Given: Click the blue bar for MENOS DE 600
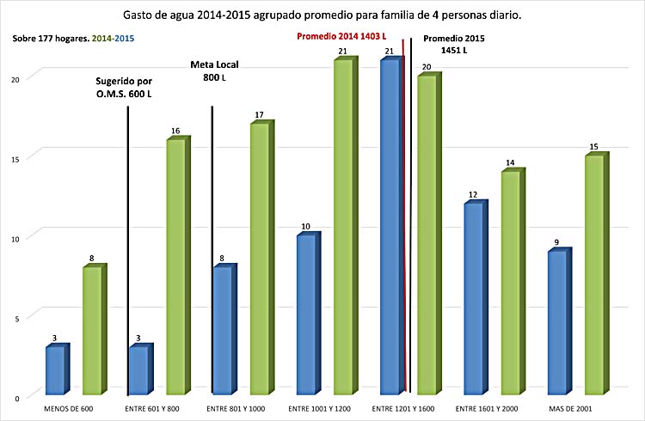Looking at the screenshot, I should tap(56, 370).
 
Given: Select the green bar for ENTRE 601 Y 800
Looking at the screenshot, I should tap(176, 266).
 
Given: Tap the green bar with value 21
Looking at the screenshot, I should tap(343, 228).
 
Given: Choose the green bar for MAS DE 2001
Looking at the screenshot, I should tap(593, 275).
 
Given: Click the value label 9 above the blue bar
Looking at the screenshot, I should tap(556, 243).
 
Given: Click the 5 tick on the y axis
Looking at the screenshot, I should tap(28, 316).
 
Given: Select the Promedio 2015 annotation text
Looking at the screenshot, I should tap(457, 45).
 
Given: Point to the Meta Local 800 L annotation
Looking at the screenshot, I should tap(213, 70).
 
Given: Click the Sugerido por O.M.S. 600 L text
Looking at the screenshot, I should tap(124, 86).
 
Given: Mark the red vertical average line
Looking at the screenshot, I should tap(403, 215).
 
